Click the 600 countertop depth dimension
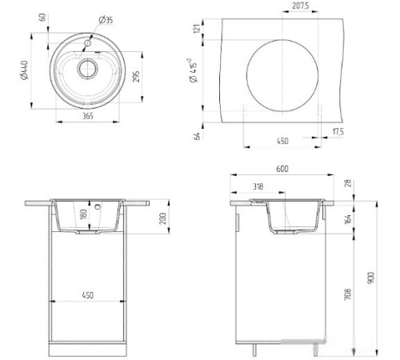click(x=282, y=170)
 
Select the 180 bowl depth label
click(x=84, y=216)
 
